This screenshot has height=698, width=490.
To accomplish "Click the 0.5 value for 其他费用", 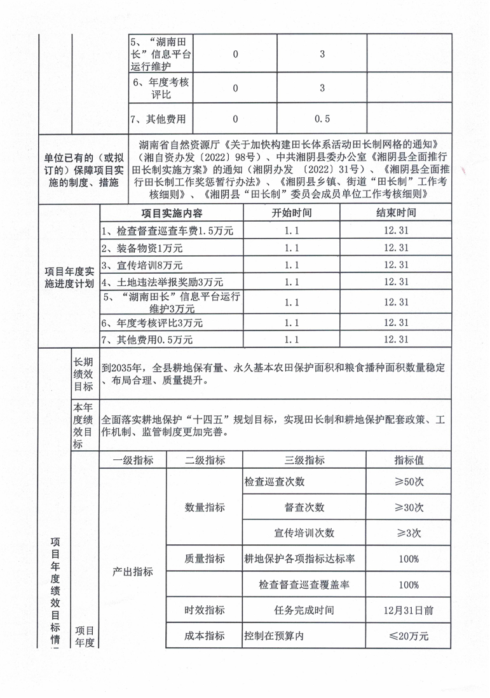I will (x=322, y=119).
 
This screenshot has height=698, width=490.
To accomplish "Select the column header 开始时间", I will (x=292, y=213).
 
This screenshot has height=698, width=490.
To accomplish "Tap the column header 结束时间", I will (x=395, y=213).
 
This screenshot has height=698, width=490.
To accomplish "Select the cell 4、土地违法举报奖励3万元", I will (x=162, y=281).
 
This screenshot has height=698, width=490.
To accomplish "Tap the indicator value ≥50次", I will (x=409, y=482).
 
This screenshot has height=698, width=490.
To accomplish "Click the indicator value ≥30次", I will (x=409, y=507).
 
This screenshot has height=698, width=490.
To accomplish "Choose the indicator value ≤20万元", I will (x=409, y=636).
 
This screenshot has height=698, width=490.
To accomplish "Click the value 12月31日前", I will (x=409, y=610).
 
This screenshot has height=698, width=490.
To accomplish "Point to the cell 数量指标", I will (x=205, y=508).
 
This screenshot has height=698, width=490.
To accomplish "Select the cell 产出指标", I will (x=133, y=572).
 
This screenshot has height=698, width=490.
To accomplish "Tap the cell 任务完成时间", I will (x=304, y=610).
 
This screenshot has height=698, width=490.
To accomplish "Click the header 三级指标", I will (x=305, y=460).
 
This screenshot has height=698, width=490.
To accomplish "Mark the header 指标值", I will (x=409, y=460).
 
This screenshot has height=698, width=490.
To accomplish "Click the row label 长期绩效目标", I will (x=84, y=373).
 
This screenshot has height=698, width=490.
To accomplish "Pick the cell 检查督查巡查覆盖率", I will (x=304, y=584).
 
